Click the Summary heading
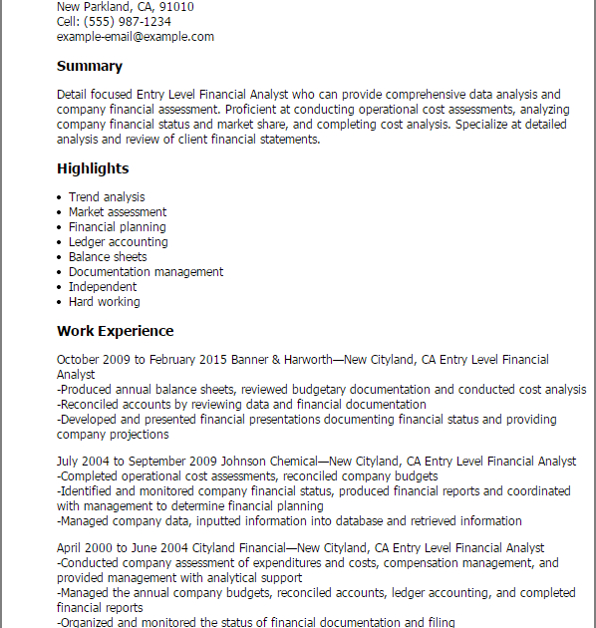click(90, 67)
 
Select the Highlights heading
click(93, 168)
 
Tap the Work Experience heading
click(115, 331)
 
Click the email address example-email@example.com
click(136, 37)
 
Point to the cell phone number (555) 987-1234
click(127, 21)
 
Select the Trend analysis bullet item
click(107, 197)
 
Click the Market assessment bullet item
click(118, 212)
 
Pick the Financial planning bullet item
click(118, 227)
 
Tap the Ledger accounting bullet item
click(119, 242)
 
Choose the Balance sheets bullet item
click(108, 257)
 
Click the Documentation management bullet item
click(146, 272)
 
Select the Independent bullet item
click(103, 287)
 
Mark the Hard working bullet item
click(105, 302)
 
